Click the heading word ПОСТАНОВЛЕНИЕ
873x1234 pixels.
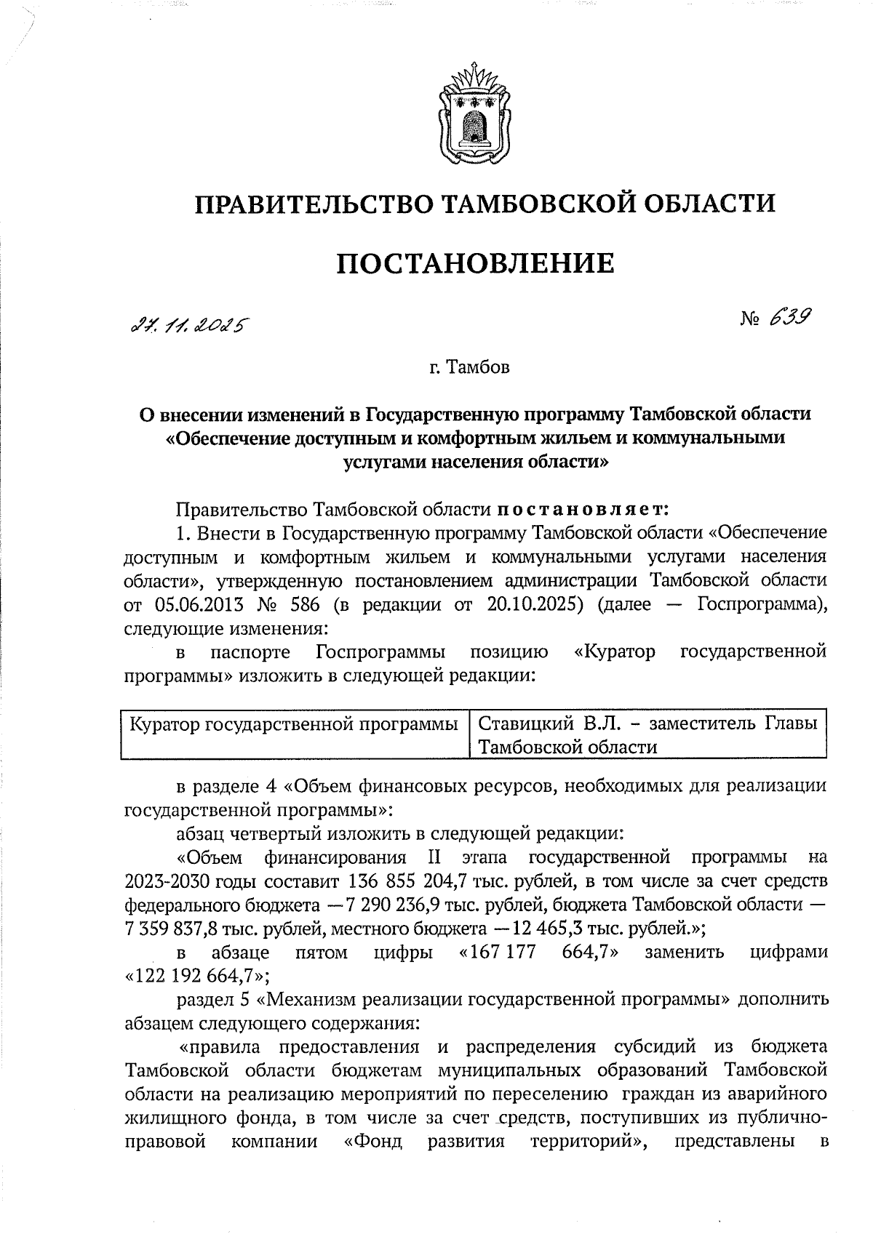pyautogui.click(x=475, y=263)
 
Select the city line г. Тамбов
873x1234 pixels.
pyautogui.click(x=469, y=368)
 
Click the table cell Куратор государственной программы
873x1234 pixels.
pyautogui.click(x=294, y=724)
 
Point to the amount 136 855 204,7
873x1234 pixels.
pyautogui.click(x=418, y=882)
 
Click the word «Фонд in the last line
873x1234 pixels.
pyautogui.click(x=372, y=1141)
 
